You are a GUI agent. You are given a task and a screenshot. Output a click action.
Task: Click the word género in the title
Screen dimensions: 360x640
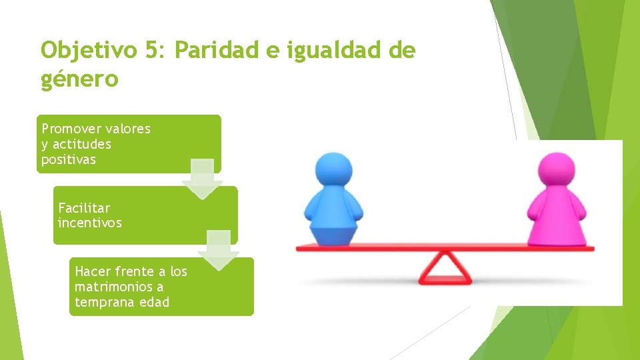[x=79, y=80]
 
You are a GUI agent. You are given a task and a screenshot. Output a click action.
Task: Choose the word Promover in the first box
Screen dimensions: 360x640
[x=70, y=129]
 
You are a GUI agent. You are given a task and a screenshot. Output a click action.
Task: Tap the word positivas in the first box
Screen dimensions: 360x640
[x=69, y=160]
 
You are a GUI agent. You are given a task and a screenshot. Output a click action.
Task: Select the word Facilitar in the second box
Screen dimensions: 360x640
[x=84, y=208]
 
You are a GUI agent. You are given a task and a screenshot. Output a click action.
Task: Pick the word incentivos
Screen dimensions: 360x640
[x=90, y=223]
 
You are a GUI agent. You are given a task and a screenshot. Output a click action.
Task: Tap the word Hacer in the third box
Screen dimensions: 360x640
[x=92, y=271]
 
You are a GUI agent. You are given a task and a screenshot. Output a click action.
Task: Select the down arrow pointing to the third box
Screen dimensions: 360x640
[x=219, y=250]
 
